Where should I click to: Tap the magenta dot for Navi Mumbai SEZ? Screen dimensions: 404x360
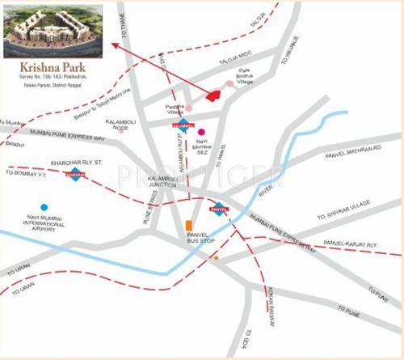pos(201,131)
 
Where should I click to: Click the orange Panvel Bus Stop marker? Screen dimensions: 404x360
pos(188,224)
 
